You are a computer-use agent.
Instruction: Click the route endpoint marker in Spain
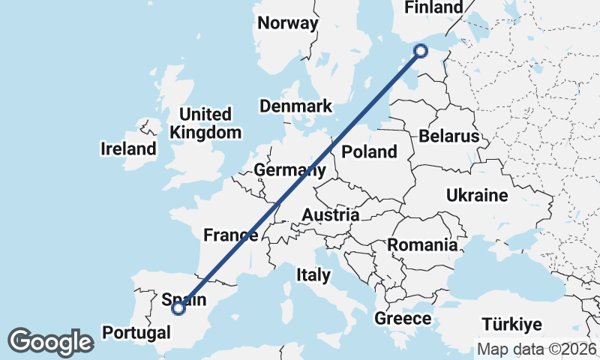pyautogui.click(x=178, y=307)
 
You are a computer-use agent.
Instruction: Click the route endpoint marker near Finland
pyautogui.click(x=421, y=50)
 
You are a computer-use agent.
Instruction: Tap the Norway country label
pyautogui.click(x=288, y=23)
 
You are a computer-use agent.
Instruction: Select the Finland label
pyautogui.click(x=433, y=7)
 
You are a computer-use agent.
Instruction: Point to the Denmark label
pyautogui.click(x=295, y=106)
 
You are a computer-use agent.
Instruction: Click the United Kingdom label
pyautogui.click(x=206, y=124)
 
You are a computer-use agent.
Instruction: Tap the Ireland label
pyautogui.click(x=128, y=148)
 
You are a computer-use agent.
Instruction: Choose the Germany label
pyautogui.click(x=289, y=170)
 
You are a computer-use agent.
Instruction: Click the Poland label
pyautogui.click(x=369, y=152)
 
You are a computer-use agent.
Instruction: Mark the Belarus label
pyautogui.click(x=448, y=136)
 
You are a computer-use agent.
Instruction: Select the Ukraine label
pyautogui.click(x=477, y=196)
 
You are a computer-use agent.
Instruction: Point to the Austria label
pyautogui.click(x=330, y=216)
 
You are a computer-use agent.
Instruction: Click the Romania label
pyautogui.click(x=422, y=244)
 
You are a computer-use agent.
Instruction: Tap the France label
pyautogui.click(x=230, y=235)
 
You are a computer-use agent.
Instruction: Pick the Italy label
pyautogui.click(x=313, y=274)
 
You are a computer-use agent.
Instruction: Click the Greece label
pyautogui.click(x=403, y=319)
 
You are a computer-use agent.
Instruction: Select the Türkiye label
pyautogui.click(x=511, y=325)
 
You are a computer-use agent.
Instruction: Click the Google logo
pyautogui.click(x=50, y=342)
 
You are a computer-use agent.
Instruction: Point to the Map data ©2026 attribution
pyautogui.click(x=536, y=349)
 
